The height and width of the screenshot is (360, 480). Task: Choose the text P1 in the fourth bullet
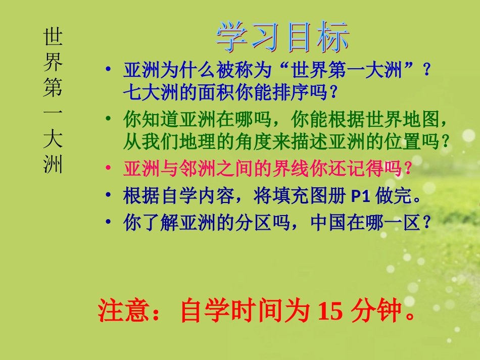[x=361, y=196]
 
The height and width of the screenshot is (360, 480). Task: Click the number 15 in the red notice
[x=329, y=313]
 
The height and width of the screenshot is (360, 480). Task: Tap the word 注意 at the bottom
[x=118, y=313]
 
